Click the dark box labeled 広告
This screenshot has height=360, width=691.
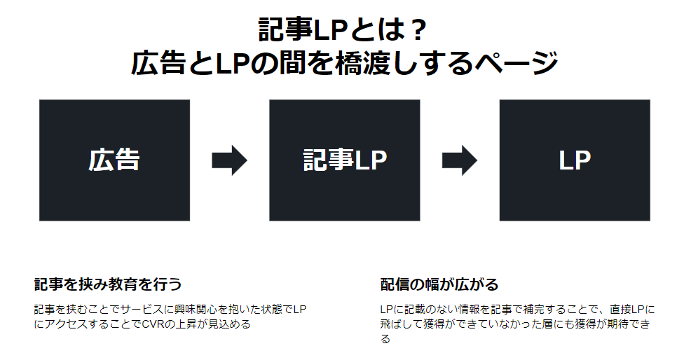click(x=114, y=160)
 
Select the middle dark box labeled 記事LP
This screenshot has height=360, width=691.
click(x=344, y=160)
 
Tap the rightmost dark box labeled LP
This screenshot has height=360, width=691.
click(x=574, y=160)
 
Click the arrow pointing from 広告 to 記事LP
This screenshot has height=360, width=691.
click(x=229, y=160)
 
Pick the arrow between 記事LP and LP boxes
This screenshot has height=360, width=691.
click(x=459, y=160)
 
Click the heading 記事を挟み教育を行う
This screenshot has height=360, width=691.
click(x=108, y=284)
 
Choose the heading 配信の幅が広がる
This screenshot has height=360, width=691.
click(x=439, y=284)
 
